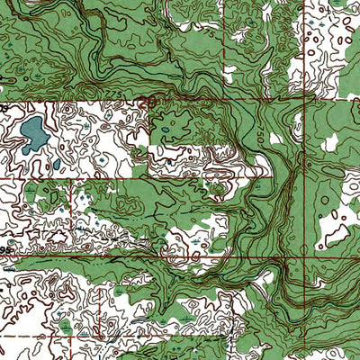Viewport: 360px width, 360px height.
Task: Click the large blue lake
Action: click(34, 132)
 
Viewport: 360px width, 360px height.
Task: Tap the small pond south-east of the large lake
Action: click(56, 165)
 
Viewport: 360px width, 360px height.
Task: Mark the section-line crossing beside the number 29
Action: click(150, 98)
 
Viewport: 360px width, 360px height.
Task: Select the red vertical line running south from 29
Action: click(150, 144)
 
